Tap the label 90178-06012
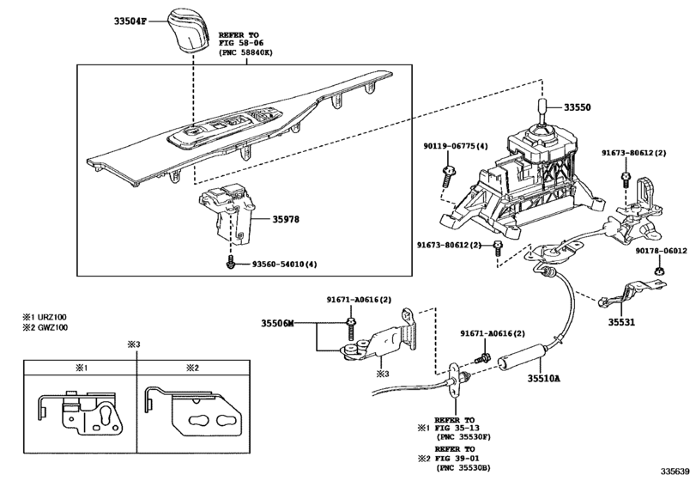pyautogui.click(x=661, y=251)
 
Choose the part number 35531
pyautogui.click(x=625, y=324)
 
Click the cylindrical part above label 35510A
pyautogui.click(x=524, y=353)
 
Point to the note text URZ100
pyautogui.click(x=51, y=317)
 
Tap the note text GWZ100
pyautogui.click(x=51, y=327)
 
